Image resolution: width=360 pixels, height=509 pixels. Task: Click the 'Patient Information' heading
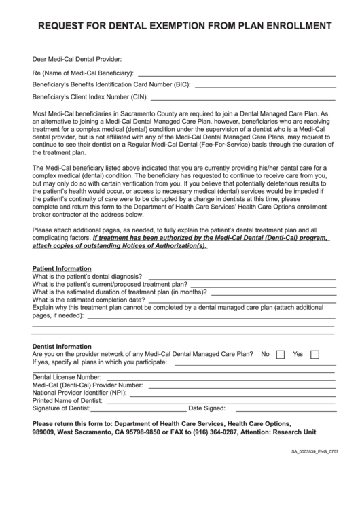point(62,268)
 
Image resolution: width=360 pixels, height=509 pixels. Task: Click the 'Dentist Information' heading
point(62,346)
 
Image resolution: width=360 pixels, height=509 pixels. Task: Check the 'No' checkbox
point(281,355)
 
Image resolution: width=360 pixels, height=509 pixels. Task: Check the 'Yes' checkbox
point(314,355)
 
